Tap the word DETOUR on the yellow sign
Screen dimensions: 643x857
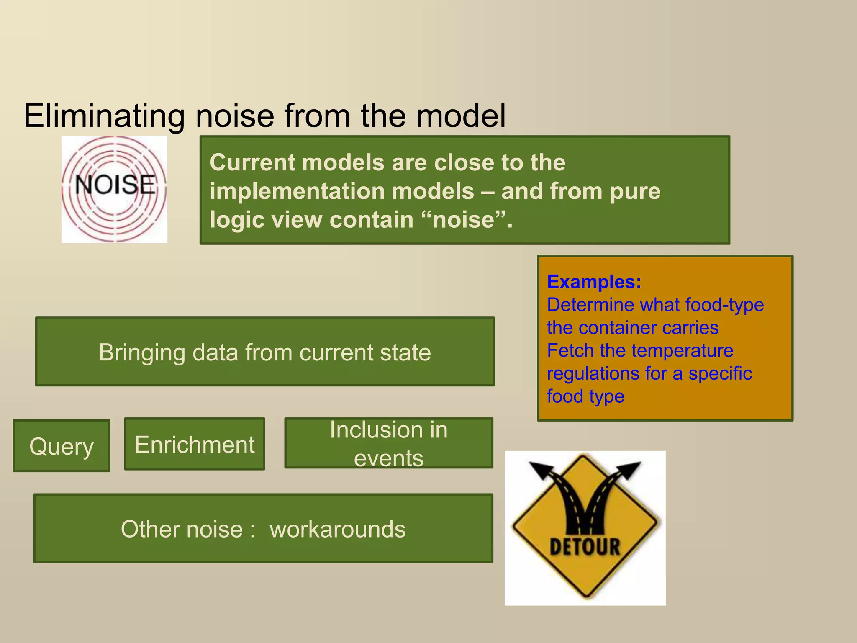pos(585,547)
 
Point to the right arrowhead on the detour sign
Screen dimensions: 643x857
pos(629,469)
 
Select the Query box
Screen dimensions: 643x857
pos(62,446)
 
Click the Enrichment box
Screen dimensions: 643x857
pos(195,445)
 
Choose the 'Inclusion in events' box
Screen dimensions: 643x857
pos(388,443)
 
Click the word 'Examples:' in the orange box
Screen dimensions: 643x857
pos(594,282)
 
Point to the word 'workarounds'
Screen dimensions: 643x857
pos(337,529)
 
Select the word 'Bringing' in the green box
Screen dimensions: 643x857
pos(142,352)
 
